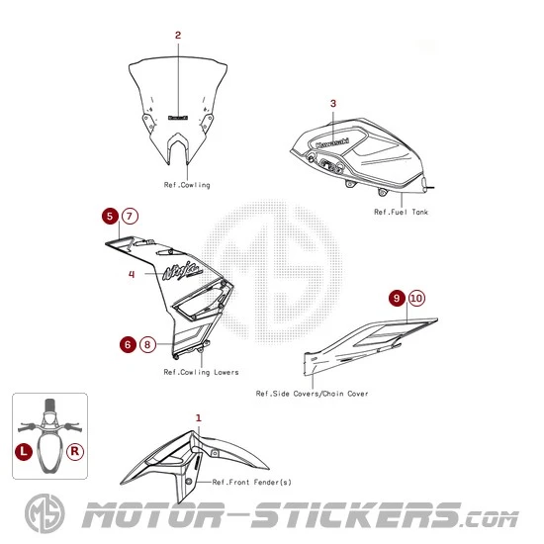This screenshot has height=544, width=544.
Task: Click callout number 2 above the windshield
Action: click(178, 35)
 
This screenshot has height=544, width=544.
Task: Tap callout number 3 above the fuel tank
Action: click(333, 104)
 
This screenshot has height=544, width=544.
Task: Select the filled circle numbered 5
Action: click(110, 217)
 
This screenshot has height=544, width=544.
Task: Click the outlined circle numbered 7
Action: click(130, 217)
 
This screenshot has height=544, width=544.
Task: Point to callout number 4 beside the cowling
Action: click(132, 274)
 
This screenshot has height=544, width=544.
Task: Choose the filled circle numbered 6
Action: click(128, 344)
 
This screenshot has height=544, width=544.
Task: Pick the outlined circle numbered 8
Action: click(147, 344)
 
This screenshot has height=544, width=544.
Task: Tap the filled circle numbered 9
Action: click(397, 298)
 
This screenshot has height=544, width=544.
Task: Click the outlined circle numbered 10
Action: click(416, 298)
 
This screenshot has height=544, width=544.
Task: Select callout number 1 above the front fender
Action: click(199, 417)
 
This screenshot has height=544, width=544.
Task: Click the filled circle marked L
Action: click(24, 451)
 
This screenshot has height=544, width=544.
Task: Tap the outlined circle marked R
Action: click(75, 451)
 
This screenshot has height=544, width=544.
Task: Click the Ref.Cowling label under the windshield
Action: click(187, 185)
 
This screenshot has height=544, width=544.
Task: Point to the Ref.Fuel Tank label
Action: click(401, 212)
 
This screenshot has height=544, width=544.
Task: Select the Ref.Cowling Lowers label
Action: click(201, 372)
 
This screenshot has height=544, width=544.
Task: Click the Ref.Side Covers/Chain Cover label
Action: click(312, 394)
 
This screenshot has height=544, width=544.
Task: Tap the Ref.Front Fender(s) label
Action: click(252, 482)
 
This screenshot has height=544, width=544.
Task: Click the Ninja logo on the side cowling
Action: click(183, 271)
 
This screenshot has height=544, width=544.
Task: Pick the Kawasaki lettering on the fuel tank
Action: click(332, 143)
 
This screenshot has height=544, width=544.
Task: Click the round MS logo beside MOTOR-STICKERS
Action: click(45, 513)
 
